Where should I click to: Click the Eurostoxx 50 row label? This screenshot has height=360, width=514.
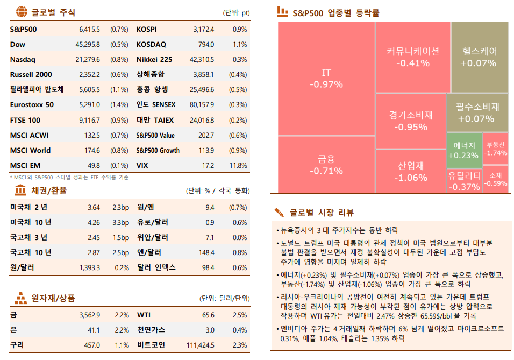tap(32, 105)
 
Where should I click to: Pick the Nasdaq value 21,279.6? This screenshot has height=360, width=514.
tap(88, 59)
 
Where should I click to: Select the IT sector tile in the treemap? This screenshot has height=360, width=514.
tap(326, 78)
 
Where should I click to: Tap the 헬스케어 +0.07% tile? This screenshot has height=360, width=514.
tap(479, 57)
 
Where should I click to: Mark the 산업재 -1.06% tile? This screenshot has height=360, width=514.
tap(411, 171)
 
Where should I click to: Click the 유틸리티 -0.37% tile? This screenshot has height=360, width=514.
tap(464, 180)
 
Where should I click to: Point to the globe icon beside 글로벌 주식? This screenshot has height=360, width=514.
tap(21, 12)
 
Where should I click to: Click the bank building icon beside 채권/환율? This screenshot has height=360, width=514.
tap(21, 190)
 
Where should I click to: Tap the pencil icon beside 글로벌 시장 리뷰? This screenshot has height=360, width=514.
tap(279, 211)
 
